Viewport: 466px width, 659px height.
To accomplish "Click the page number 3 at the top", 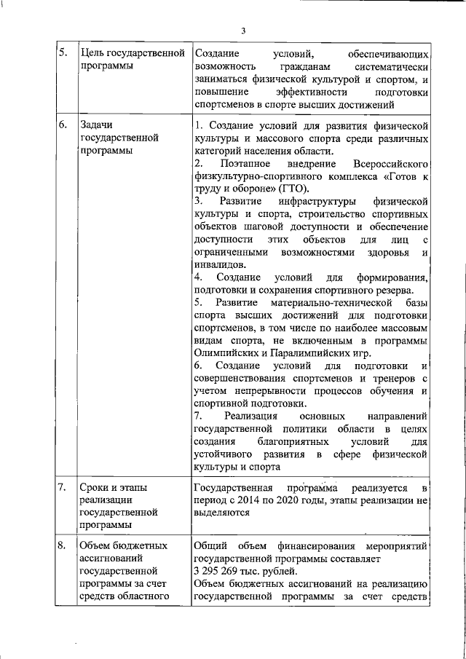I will click(244, 30).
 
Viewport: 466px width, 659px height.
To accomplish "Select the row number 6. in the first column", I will click(63, 125).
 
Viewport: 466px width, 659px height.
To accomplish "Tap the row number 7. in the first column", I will click(63, 487).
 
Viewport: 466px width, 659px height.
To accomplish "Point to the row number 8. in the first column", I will click(63, 545).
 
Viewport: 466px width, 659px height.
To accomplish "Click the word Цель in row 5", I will click(92, 54).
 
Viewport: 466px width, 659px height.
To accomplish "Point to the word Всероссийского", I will click(387, 165).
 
